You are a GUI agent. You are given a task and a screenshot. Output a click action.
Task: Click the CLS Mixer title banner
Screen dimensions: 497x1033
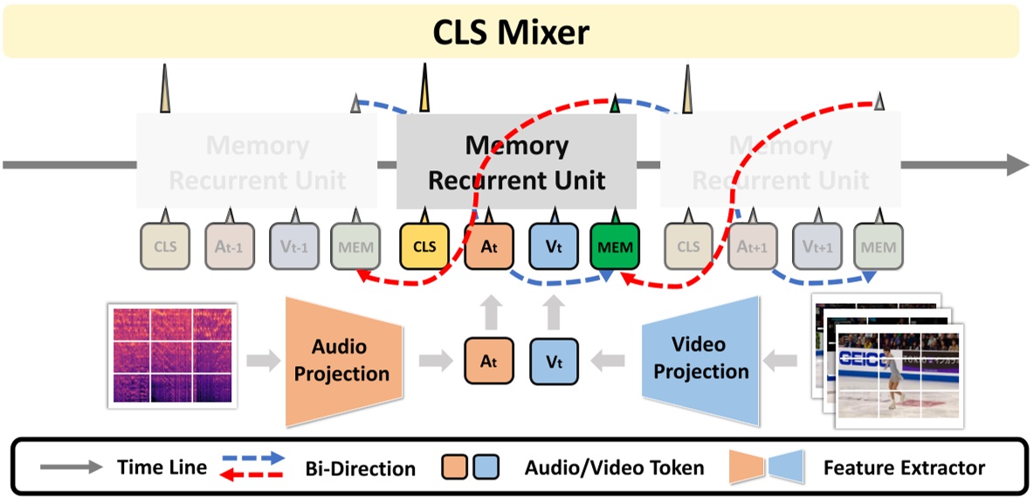tap(511, 32)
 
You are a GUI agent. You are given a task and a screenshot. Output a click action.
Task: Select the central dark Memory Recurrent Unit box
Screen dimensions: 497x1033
tap(517, 162)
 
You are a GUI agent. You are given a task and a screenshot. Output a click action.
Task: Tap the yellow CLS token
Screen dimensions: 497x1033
tap(424, 246)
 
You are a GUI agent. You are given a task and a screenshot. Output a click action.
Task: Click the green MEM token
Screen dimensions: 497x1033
tap(615, 246)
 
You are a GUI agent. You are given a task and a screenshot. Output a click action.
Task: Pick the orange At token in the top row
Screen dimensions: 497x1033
tap(488, 246)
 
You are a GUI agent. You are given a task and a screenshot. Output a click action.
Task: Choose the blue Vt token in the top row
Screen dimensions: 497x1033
tap(552, 246)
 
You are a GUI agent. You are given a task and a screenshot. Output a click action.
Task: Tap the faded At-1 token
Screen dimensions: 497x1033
tap(230, 246)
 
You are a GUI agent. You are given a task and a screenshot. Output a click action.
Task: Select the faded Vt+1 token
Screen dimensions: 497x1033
tap(816, 246)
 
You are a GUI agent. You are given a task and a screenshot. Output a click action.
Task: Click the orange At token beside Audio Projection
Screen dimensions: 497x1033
tap(488, 361)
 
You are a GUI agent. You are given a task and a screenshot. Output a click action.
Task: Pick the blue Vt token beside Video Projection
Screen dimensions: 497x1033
tap(552, 361)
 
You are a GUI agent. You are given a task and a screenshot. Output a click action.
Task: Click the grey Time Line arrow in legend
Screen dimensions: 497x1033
tap(71, 467)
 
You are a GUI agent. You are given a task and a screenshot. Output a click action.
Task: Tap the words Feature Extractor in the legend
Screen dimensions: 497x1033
tap(904, 468)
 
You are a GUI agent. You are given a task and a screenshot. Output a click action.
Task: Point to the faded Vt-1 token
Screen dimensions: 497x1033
tap(294, 246)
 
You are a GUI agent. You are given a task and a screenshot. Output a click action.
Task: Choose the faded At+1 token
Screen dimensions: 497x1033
tap(753, 246)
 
